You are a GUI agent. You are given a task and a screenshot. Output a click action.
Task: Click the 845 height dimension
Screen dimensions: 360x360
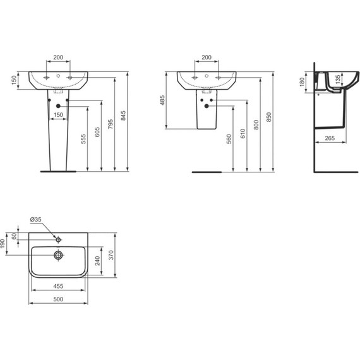point(124,116)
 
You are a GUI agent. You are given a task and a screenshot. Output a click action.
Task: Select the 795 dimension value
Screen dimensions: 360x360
point(111,124)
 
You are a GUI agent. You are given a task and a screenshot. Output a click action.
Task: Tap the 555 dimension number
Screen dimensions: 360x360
point(83,139)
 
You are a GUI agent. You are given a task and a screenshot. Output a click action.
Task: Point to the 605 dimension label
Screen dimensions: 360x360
point(97,132)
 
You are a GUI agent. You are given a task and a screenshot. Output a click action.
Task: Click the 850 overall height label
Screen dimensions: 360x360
point(269,117)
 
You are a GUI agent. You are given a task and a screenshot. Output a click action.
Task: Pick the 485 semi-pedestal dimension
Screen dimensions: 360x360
point(162,100)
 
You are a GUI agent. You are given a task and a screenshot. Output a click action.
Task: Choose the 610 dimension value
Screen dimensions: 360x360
point(243,134)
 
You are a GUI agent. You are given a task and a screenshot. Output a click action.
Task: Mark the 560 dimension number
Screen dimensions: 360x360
point(229,139)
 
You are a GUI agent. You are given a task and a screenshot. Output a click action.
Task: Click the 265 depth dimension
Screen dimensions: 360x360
point(330,138)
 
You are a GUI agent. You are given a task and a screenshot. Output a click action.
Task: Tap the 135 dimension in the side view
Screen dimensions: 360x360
point(338,80)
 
